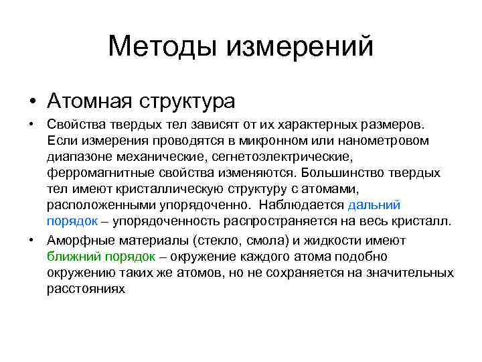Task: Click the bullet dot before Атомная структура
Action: coord(32,102)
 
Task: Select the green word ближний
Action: coord(72,257)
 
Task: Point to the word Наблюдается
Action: coord(302,204)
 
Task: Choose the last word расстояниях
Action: coord(86,289)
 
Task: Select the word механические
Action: coord(161,156)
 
